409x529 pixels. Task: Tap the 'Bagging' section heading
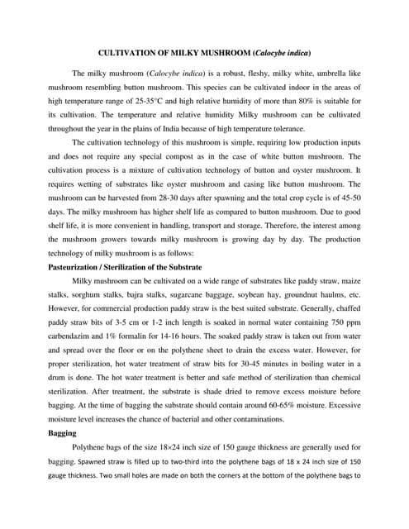click(62, 432)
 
